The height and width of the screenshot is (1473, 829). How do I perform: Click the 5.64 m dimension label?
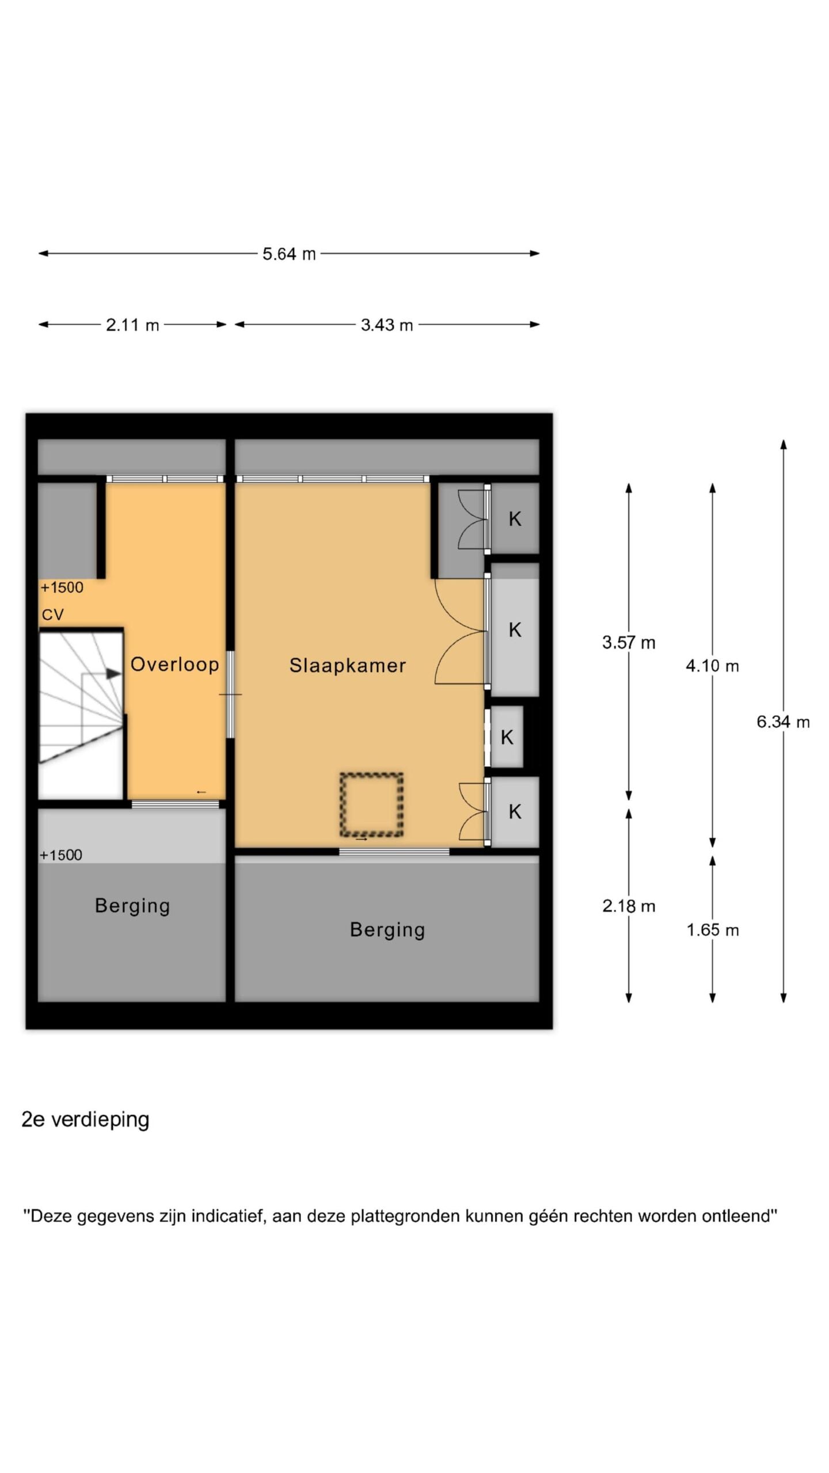click(x=289, y=254)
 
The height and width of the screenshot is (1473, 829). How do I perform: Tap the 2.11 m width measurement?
click(x=132, y=325)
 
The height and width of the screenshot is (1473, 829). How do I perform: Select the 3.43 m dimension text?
click(x=387, y=325)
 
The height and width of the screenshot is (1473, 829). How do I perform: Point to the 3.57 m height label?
click(x=629, y=642)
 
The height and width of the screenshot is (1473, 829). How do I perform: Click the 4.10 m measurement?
click(x=712, y=666)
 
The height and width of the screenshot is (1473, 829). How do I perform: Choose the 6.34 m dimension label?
click(x=783, y=722)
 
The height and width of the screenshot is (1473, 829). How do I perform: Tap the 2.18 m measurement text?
click(x=629, y=906)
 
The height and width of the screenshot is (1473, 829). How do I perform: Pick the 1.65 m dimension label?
click(x=712, y=930)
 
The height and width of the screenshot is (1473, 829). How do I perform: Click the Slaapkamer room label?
click(x=348, y=665)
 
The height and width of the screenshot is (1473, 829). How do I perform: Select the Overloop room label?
click(x=175, y=664)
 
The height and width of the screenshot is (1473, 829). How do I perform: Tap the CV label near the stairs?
click(x=52, y=615)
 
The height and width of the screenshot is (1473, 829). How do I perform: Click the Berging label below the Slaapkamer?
click(x=387, y=930)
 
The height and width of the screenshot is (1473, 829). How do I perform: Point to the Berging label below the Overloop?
click(x=132, y=906)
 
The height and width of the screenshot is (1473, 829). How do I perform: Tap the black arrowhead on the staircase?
click(x=114, y=673)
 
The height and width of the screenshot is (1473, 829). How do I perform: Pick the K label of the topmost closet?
click(x=515, y=519)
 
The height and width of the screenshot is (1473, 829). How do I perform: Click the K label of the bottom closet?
click(x=515, y=812)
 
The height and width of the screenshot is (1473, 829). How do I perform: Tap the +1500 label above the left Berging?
click(x=60, y=855)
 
